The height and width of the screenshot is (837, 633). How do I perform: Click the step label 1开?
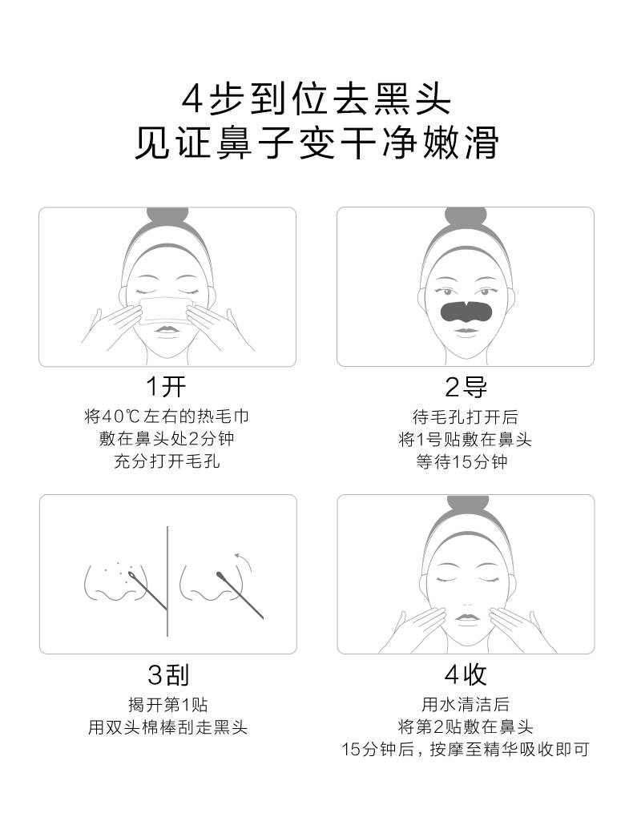[x=166, y=387]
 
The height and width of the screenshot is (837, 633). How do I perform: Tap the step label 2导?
[x=466, y=387]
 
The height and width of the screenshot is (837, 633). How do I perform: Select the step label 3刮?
[x=168, y=674]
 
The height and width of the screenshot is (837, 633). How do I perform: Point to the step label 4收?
[x=466, y=674]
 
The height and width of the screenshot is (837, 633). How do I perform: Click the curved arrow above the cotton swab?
[x=243, y=561]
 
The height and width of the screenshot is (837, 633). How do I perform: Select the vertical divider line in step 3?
[x=167, y=581]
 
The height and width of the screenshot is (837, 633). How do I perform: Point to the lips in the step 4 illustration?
[x=466, y=618]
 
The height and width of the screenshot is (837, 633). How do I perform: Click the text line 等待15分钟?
[x=462, y=461]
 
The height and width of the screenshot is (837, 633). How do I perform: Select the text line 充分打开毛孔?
[x=167, y=461]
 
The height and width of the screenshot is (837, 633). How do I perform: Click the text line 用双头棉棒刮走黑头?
[x=167, y=727]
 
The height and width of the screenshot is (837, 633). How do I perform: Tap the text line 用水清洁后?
[x=466, y=705]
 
